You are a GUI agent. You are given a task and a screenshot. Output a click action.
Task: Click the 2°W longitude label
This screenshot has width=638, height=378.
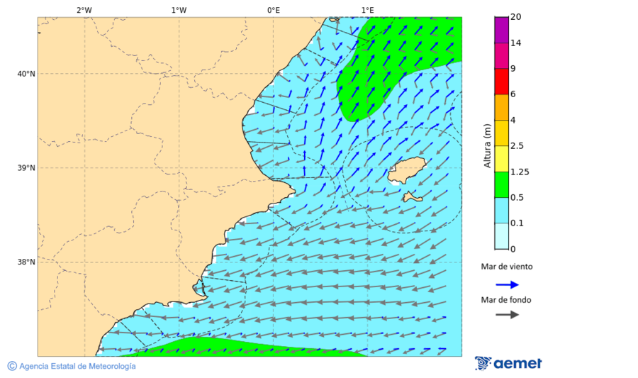point(84,10)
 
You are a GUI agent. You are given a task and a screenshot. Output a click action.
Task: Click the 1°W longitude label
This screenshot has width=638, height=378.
point(179,10)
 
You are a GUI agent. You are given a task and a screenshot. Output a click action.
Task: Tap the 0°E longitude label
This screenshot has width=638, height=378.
point(273,10)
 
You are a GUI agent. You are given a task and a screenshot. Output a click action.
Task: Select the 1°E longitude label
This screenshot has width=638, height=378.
point(367,10)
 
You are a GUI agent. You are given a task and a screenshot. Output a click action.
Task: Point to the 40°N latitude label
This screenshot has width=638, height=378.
point(26,74)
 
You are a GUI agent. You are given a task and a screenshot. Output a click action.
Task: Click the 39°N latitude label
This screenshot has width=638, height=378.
point(26,168)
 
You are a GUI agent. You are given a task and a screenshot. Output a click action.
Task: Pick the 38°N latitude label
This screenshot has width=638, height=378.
point(26,262)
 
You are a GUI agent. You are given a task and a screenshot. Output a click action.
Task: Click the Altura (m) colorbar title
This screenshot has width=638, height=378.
point(487,146)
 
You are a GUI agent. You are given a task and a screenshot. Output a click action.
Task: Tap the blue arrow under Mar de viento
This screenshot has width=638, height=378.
point(507,284)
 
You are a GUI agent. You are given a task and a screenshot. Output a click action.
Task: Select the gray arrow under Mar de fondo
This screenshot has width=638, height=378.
point(507,315)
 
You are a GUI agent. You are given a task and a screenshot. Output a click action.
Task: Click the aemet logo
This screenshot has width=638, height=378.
point(508,363)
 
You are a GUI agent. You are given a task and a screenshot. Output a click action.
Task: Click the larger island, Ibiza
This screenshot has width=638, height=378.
point(406,170)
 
